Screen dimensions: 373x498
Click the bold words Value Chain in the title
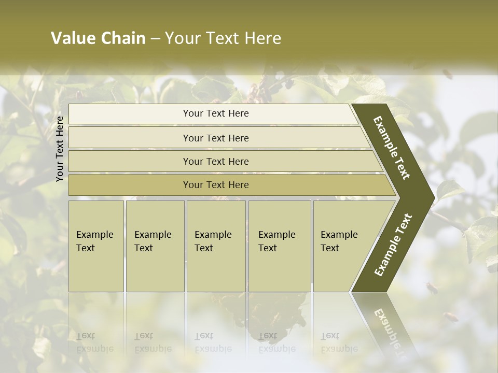point(98,38)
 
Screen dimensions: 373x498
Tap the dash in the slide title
point(155,39)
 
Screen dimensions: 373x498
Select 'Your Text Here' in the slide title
point(223,38)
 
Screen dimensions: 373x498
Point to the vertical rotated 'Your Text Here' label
point(60,149)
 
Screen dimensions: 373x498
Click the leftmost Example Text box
point(96,246)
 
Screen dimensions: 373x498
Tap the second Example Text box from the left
point(155,246)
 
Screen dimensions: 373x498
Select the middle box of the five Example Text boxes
point(216,246)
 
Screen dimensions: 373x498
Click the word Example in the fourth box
point(276,235)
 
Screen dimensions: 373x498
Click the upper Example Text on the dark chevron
point(392,148)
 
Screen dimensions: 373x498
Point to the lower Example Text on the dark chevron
point(393,245)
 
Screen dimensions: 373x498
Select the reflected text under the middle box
point(213,342)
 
